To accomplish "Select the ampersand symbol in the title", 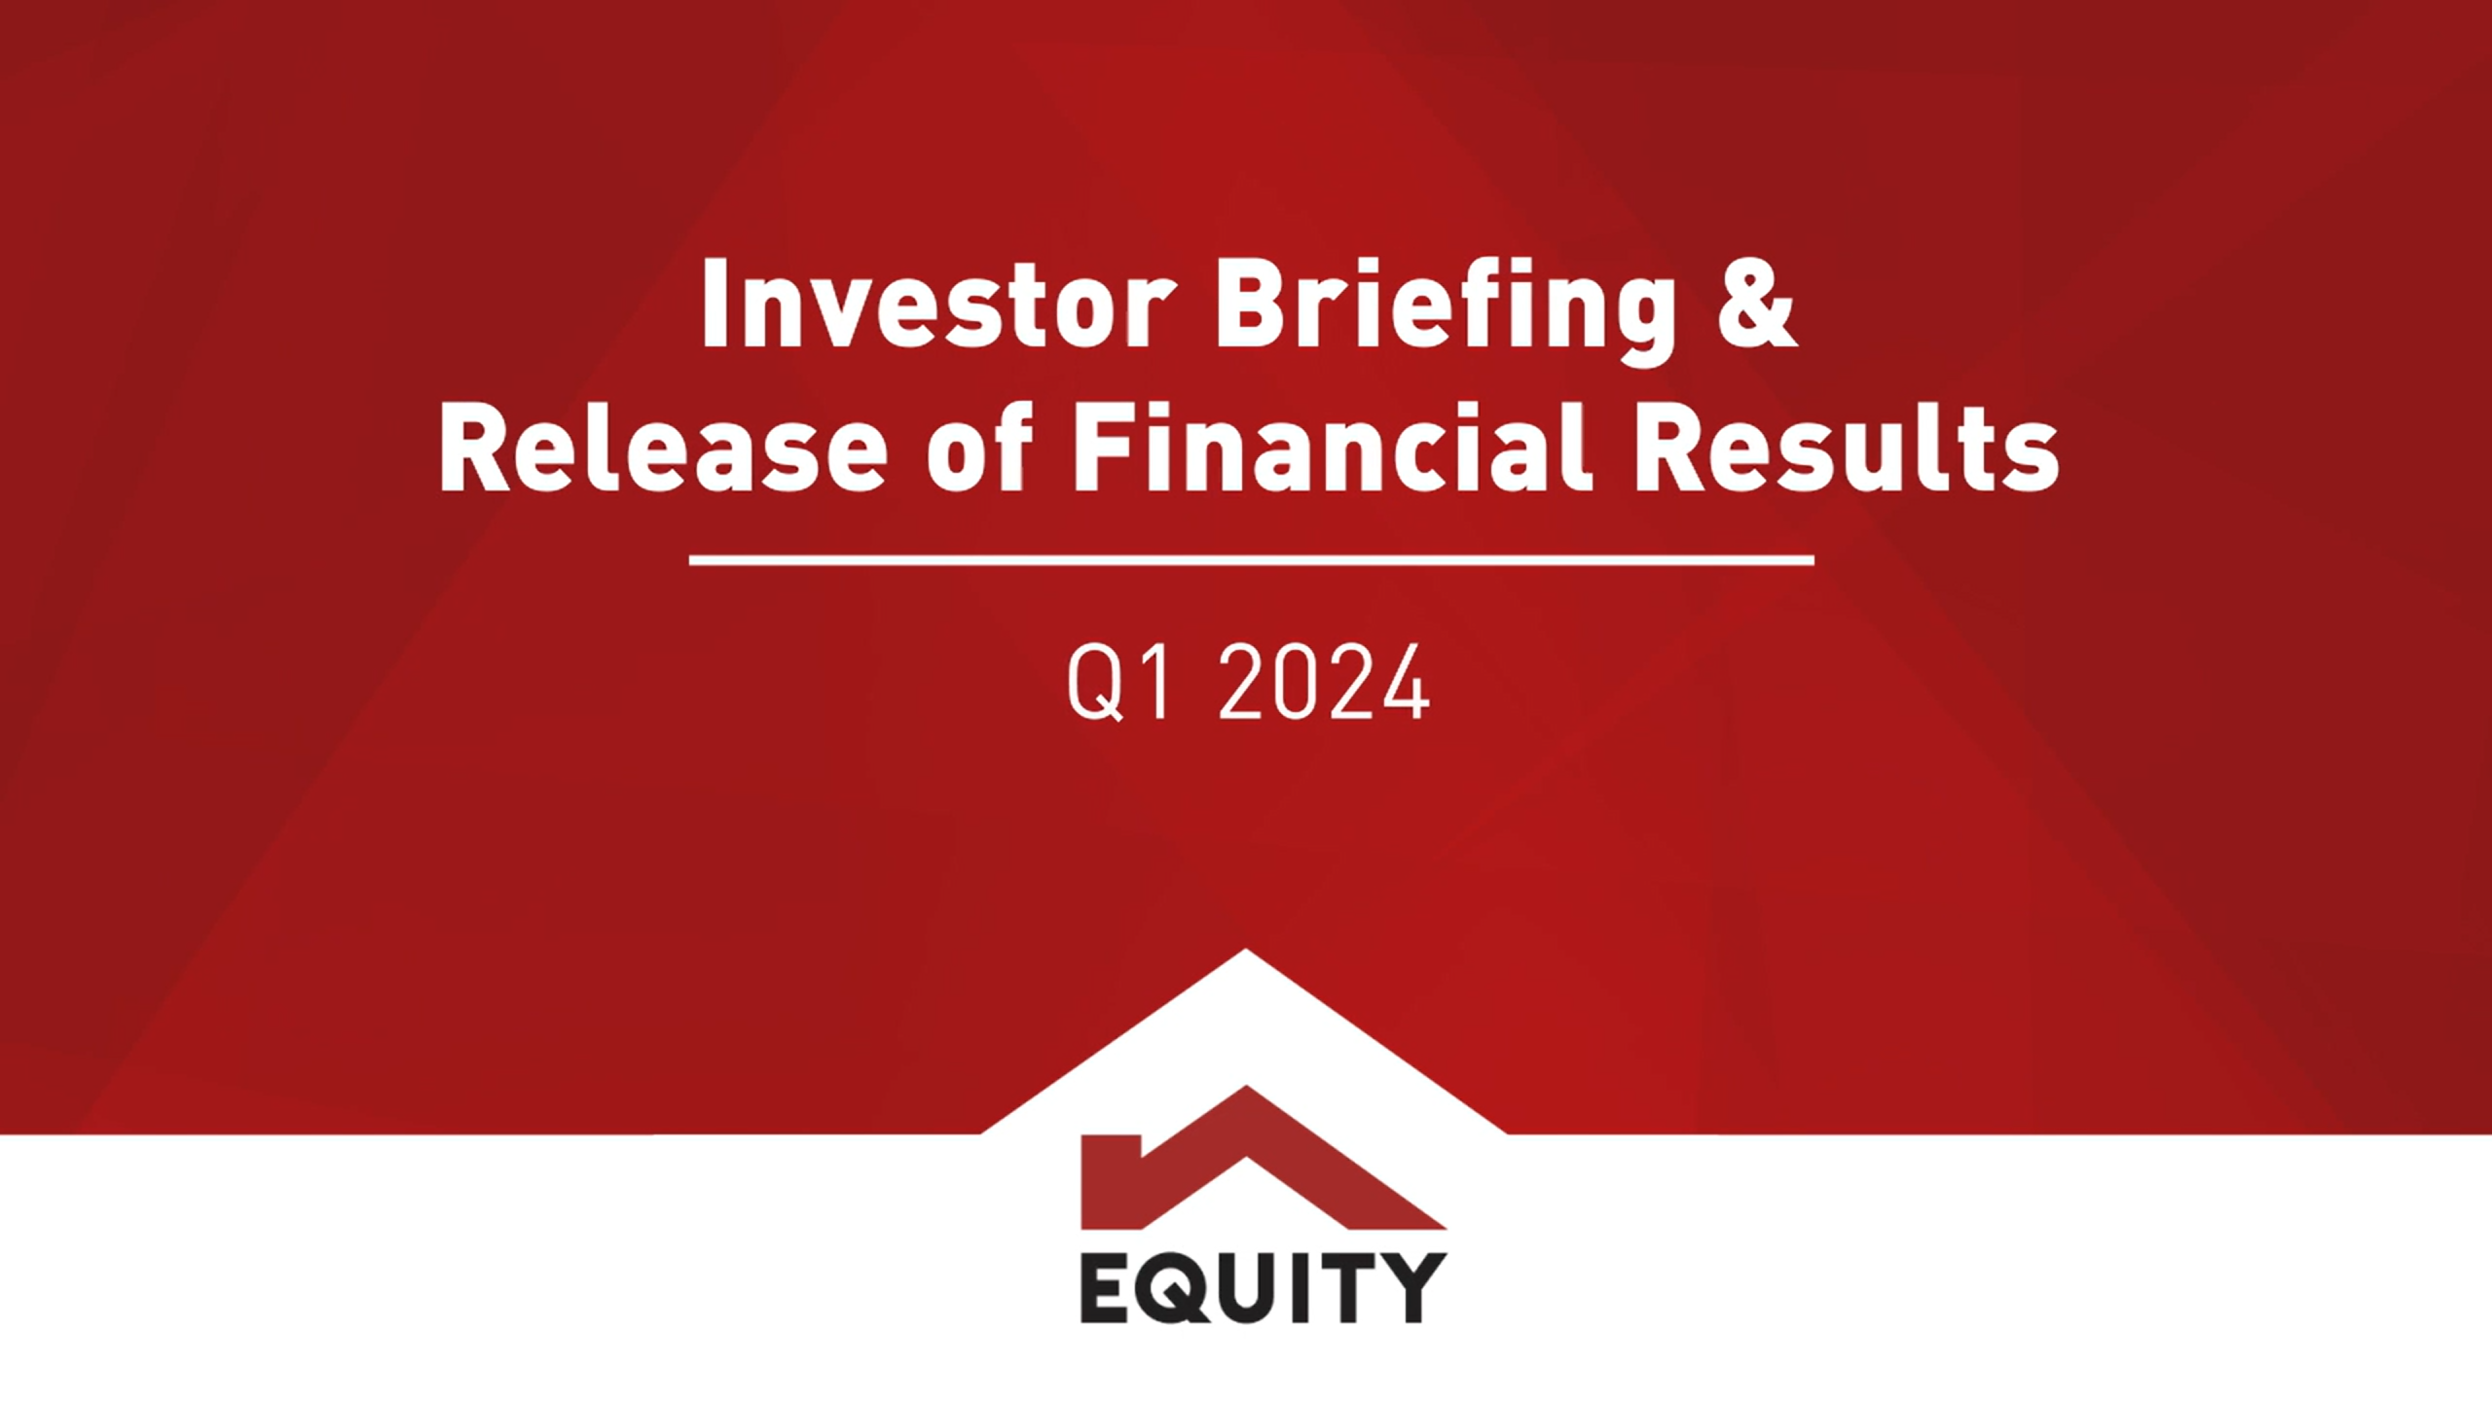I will point(1755,304).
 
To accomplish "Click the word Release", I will point(662,449).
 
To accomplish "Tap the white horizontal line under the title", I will point(1251,560).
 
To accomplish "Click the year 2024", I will point(1324,683).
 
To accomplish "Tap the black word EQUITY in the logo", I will point(1263,1287).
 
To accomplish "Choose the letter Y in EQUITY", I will point(1411,1286).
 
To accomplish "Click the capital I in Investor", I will point(715,304).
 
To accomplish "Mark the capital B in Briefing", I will point(1247,304).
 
